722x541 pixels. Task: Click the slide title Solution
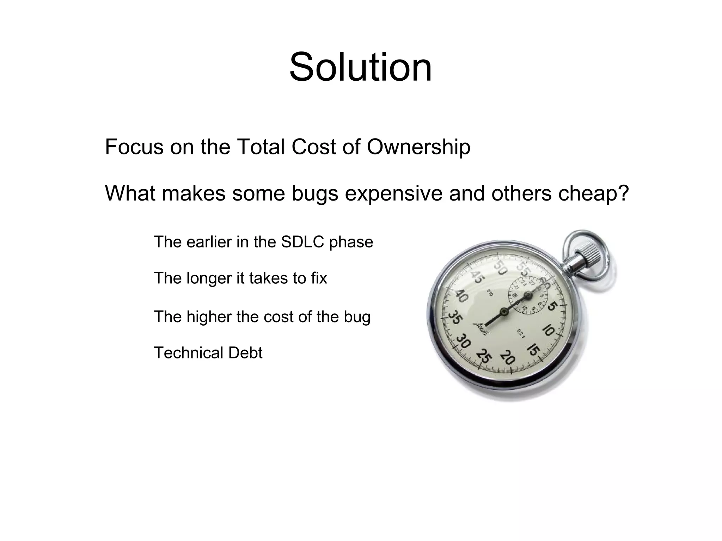[360, 67]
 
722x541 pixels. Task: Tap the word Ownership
[418, 147]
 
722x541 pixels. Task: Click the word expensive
[393, 193]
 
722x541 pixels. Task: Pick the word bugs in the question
[315, 193]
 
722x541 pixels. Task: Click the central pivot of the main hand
[504, 311]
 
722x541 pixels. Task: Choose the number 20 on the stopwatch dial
[508, 358]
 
